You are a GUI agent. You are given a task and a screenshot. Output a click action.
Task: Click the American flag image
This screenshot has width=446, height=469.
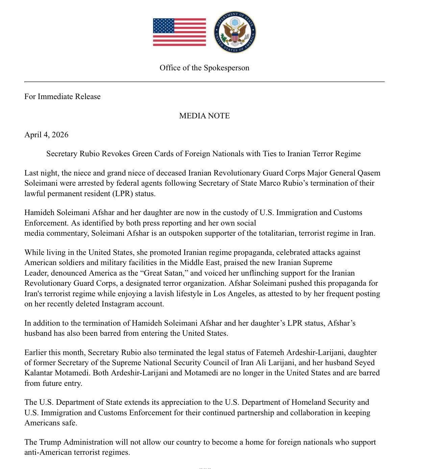point(179,32)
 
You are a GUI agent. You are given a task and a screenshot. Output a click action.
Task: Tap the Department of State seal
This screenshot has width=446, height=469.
point(235,32)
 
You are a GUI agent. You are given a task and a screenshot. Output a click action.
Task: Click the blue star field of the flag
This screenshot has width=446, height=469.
point(164,25)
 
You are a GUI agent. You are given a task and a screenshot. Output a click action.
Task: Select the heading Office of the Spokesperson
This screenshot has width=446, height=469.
point(204,68)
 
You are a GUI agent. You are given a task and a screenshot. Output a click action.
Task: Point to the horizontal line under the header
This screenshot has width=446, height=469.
point(204,81)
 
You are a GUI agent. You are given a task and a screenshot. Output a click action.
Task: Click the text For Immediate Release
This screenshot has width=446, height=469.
point(63,96)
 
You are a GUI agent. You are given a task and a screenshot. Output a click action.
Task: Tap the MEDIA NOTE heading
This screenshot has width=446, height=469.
point(204,116)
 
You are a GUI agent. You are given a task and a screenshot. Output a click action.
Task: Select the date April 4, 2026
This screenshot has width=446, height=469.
point(46,135)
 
